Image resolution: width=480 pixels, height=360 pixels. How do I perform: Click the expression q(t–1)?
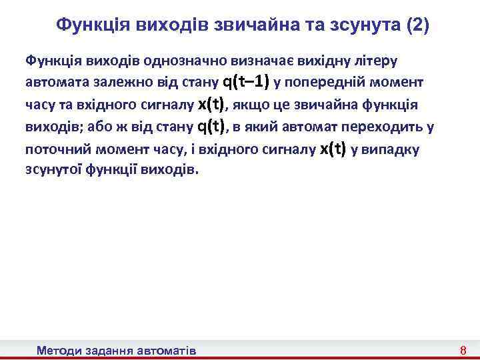(x=245, y=82)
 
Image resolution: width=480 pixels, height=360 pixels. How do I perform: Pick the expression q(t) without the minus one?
(x=213, y=126)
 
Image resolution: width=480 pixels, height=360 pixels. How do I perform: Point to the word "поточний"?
(x=52, y=149)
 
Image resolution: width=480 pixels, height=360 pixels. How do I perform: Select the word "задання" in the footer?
(x=109, y=350)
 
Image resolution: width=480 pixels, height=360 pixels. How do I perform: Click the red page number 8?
(x=463, y=350)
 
